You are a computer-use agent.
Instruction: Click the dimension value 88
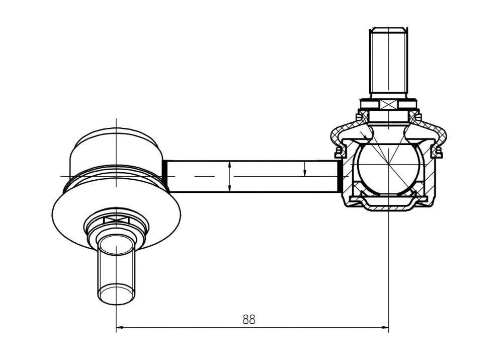[249, 320]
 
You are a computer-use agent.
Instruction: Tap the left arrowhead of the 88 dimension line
[119, 328]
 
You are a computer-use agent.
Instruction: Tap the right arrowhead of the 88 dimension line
[385, 328]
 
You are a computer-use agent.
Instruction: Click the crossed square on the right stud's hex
[388, 105]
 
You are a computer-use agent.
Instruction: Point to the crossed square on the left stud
[116, 220]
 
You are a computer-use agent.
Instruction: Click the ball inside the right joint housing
[388, 169]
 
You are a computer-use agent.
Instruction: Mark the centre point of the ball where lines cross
[388, 165]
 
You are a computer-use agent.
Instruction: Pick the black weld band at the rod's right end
[339, 176]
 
